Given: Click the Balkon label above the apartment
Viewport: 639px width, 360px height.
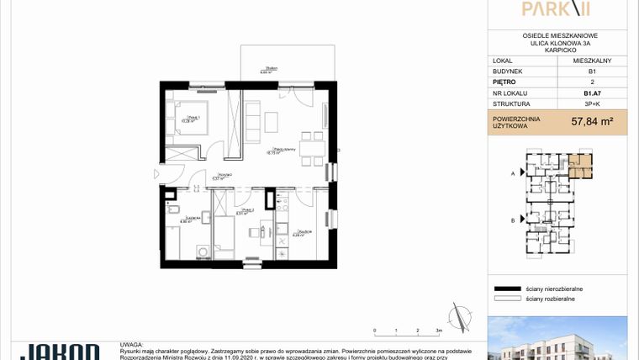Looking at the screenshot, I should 269,71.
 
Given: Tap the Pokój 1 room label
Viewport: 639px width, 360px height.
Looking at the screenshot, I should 191,118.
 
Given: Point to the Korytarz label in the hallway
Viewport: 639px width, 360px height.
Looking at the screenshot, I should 221,176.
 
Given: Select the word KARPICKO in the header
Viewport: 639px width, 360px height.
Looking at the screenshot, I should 559,50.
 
